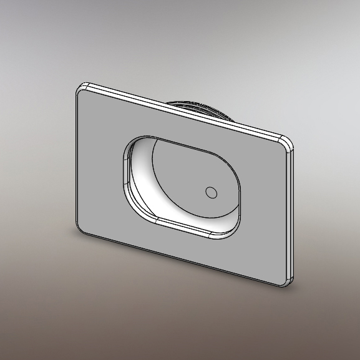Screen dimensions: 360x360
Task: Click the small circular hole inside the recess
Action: [212, 193]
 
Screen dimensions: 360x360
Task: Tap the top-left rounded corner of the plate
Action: [80, 88]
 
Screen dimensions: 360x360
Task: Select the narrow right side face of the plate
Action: [290, 212]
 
